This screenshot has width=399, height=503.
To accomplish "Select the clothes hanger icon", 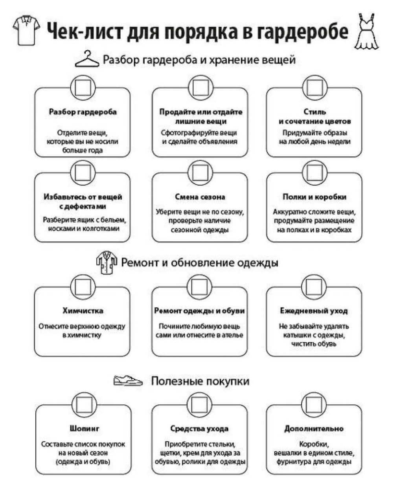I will [x=87, y=60].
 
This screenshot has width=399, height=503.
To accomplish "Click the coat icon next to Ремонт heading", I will [x=107, y=263].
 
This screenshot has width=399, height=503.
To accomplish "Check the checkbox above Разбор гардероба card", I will [x=83, y=87].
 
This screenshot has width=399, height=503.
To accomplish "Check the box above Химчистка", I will [x=83, y=286].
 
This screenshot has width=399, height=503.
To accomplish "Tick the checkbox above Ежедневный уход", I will [x=314, y=286].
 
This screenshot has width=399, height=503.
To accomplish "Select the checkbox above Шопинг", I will [x=84, y=404].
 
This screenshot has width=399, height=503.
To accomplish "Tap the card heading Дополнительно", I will [x=314, y=428].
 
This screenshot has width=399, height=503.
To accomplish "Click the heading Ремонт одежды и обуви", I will [x=199, y=311].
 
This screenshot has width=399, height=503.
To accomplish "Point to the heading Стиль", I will [x=314, y=112].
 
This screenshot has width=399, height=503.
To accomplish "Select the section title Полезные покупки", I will [x=200, y=381].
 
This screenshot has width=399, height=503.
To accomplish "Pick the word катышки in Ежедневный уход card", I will [x=297, y=335].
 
